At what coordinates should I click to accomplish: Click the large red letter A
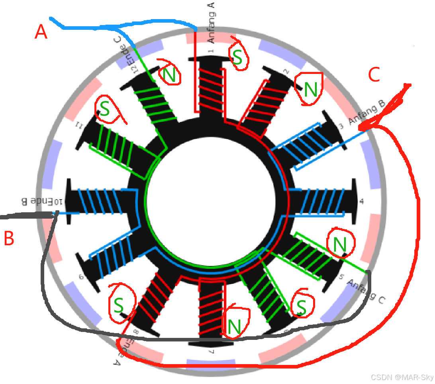point(41,32)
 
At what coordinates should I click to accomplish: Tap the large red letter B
point(9,239)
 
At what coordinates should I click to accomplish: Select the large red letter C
point(375,75)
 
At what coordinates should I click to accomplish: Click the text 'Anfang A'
point(212,22)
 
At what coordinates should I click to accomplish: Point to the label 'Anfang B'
point(366,112)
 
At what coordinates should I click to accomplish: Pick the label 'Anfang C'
point(366,291)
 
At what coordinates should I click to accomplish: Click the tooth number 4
point(362,202)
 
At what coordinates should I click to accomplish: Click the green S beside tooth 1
point(237,58)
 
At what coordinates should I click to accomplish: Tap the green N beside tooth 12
point(170,76)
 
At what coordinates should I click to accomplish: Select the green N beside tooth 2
point(311,91)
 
